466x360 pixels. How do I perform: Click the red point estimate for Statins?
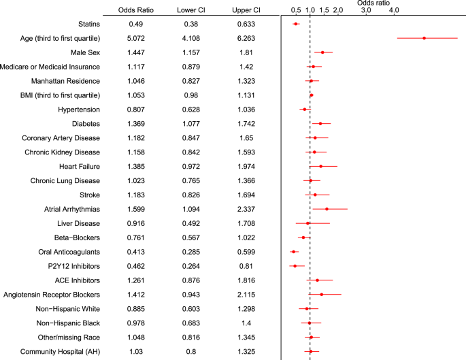(296, 24)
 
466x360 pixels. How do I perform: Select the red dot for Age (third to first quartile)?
(425, 38)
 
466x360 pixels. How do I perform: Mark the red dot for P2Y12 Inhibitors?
(295, 266)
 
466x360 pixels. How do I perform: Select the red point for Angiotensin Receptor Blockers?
(322, 295)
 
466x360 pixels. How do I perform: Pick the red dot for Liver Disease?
(307, 223)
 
